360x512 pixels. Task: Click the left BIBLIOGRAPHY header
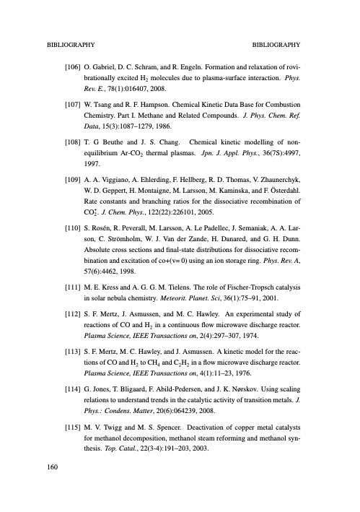click(69, 43)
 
